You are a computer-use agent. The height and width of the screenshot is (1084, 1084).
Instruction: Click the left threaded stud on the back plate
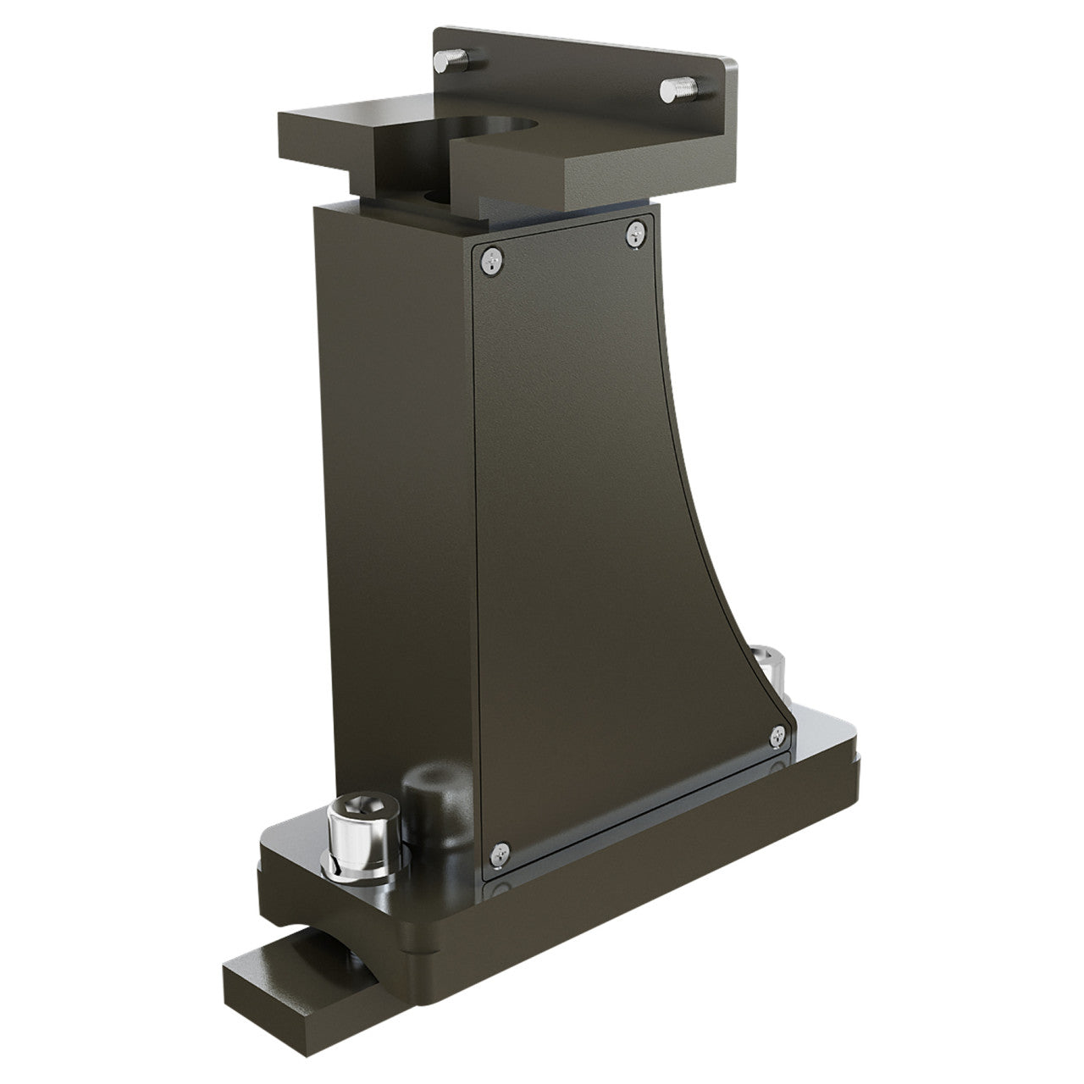[449, 60]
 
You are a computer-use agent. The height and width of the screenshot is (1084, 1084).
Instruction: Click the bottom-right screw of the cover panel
[778, 737]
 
